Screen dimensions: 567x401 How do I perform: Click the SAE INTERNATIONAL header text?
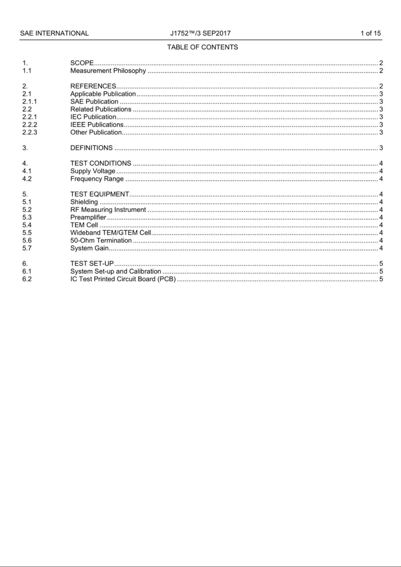[54, 33]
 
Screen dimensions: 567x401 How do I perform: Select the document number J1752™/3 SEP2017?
[200, 33]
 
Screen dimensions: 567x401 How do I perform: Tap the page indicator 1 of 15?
[370, 33]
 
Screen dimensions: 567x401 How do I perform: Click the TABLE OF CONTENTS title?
[202, 47]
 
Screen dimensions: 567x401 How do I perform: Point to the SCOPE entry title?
[82, 63]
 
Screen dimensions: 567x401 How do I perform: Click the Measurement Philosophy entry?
[108, 71]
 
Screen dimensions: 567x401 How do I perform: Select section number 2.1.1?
[30, 102]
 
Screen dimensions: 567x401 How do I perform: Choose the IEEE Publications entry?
[97, 125]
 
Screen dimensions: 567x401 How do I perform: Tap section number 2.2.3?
[30, 133]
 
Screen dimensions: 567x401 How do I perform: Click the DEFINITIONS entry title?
[91, 148]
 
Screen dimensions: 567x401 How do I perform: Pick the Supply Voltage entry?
[93, 171]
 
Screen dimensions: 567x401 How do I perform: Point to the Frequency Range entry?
[97, 179]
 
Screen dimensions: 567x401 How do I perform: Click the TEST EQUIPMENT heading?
[99, 194]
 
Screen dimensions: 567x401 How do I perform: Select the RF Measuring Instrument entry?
[108, 210]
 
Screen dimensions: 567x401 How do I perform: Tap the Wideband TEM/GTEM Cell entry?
[110, 233]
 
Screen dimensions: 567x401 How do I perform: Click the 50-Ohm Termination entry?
[101, 241]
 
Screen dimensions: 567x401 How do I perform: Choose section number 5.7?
[27, 248]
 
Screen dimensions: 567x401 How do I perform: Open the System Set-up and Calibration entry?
[115, 272]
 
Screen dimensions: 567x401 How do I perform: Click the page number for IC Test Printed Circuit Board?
[381, 279]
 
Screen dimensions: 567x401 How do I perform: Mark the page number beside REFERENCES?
[381, 86]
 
